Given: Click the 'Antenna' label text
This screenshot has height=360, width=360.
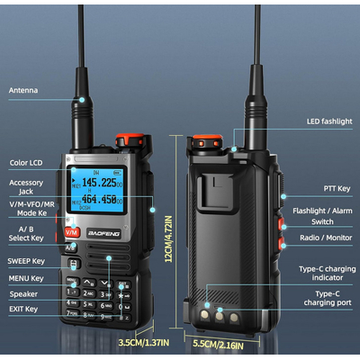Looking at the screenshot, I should [23, 90].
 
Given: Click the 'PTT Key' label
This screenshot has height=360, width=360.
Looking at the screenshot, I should [337, 189].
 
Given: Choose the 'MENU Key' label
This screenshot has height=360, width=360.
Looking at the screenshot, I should [25, 278].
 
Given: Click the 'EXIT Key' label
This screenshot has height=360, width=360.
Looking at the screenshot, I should [23, 309].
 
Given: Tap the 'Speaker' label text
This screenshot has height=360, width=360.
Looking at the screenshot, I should [23, 293].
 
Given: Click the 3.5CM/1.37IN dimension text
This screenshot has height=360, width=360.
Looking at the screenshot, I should [145, 343].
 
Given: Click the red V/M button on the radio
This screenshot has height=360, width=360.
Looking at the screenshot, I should [72, 231].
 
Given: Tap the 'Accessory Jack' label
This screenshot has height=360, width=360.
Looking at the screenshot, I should [27, 187].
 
